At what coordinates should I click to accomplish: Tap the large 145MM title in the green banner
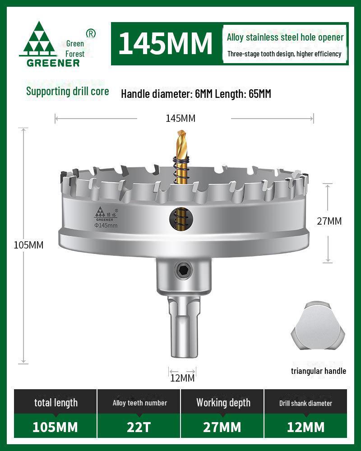click(165, 43)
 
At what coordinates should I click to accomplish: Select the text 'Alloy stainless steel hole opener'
click(285, 37)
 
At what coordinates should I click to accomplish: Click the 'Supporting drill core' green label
click(67, 91)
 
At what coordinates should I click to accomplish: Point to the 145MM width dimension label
click(180, 118)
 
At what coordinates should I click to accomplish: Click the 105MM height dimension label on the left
click(28, 245)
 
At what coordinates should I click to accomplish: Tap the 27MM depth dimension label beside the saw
click(329, 221)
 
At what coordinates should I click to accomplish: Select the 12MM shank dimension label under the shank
click(182, 378)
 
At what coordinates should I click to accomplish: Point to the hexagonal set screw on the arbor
click(184, 271)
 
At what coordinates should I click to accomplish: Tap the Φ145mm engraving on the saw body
click(106, 225)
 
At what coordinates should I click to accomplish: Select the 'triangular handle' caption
click(318, 371)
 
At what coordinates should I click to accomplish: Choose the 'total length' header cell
click(56, 402)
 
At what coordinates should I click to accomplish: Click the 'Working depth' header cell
click(223, 402)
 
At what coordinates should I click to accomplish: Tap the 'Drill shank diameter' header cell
click(305, 403)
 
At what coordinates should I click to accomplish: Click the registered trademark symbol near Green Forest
click(91, 33)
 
